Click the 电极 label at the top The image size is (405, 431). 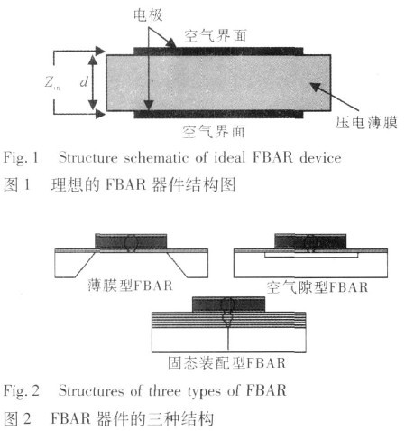point(148,14)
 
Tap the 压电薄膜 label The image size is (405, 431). point(366,123)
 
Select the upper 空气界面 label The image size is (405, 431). point(216,36)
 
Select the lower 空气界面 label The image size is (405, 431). point(214,132)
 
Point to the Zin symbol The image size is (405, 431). point(51,82)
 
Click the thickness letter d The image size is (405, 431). point(84,81)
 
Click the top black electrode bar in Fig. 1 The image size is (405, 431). point(218,52)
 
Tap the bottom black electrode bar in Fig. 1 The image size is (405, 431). point(218,114)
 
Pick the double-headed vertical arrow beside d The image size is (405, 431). point(93,82)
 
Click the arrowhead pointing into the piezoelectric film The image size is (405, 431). point(315,87)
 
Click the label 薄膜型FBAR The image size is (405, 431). point(130,286)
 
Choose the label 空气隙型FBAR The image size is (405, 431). point(318,287)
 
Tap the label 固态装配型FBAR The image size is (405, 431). point(226,362)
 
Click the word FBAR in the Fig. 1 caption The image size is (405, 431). point(272,157)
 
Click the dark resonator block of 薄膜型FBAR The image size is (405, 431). point(131,242)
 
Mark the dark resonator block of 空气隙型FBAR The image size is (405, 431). point(310,241)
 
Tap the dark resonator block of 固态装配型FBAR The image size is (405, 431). point(228,305)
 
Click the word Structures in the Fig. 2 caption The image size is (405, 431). point(91,391)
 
